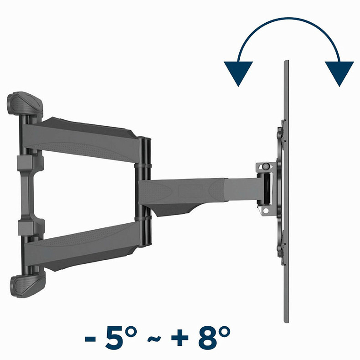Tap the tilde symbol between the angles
pyautogui.click(x=154, y=340)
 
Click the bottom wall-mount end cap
pyautogui.click(x=26, y=284)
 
